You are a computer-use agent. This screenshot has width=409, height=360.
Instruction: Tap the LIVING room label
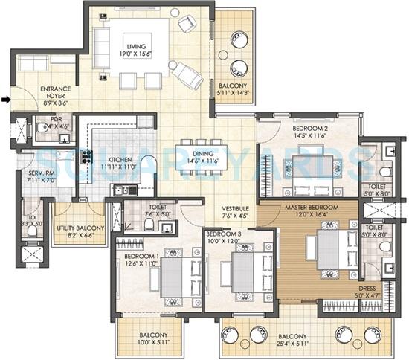(x=135, y=46)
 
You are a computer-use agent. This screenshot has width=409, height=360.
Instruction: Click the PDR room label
(x=55, y=118)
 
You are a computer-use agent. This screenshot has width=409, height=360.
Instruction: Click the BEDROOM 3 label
(x=223, y=234)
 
